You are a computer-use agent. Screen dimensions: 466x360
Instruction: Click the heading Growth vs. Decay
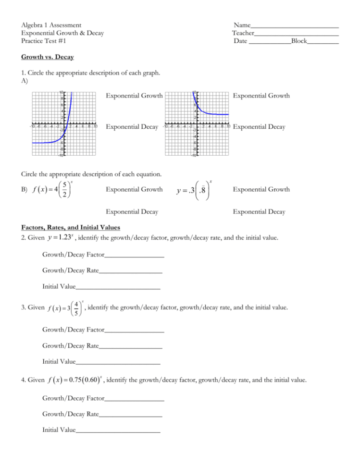pyautogui.click(x=47, y=57)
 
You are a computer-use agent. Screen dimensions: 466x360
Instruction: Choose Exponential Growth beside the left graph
pyautogui.click(x=134, y=96)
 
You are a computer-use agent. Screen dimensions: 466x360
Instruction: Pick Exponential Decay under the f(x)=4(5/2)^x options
pyautogui.click(x=132, y=211)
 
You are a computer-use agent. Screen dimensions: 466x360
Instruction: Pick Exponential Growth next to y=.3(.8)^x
pyautogui.click(x=261, y=189)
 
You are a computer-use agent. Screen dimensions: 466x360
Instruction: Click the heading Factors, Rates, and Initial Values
pyautogui.click(x=71, y=227)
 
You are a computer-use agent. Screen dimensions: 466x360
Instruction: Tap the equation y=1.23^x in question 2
pyautogui.click(x=60, y=237)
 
